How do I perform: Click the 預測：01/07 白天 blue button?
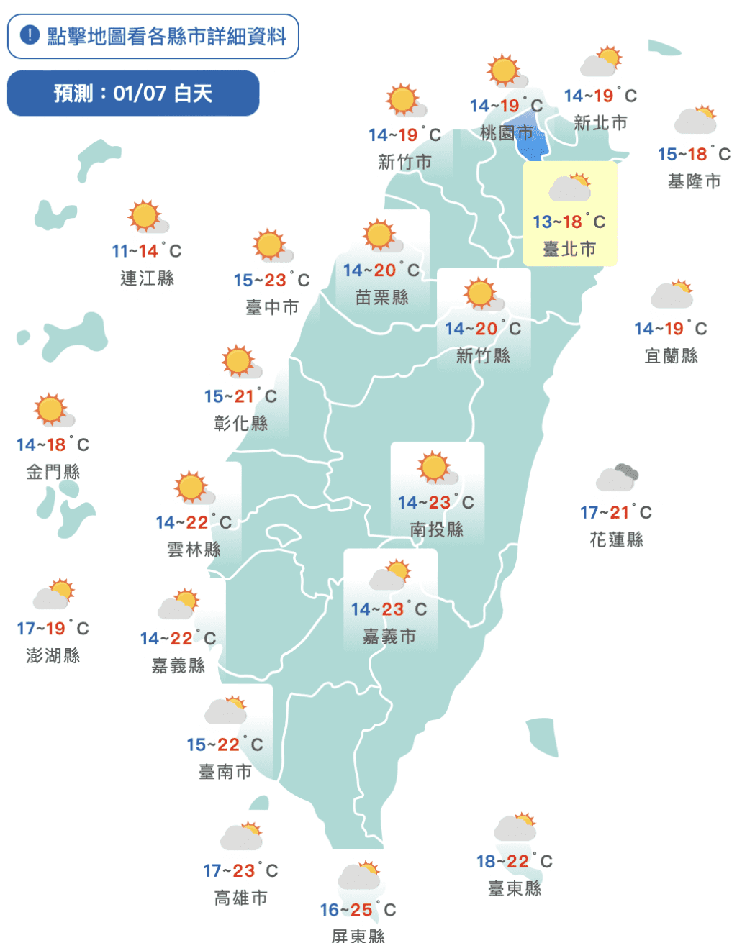pos(133,93)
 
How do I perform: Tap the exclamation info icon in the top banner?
pos(30,35)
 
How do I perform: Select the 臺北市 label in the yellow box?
pos(569,249)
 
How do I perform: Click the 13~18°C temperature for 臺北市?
pos(569,222)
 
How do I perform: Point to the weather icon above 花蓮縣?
pos(617,478)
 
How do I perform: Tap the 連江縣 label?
pos(147,278)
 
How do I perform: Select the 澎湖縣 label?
pos(53,655)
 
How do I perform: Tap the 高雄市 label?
pos(241,898)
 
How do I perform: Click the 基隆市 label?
pos(694,181)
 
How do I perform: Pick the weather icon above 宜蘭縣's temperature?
pos(672,294)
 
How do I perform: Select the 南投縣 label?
pos(437,529)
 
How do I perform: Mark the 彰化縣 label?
pos(241,423)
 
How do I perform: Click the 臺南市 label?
pos(225,772)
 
